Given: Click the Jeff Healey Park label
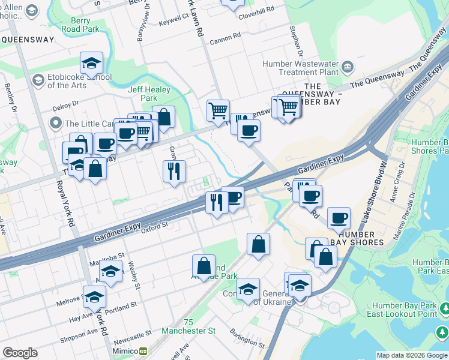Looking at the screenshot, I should (x=149, y=94).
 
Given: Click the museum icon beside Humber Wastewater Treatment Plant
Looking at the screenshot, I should (x=347, y=65).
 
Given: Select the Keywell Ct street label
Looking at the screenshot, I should (x=173, y=23).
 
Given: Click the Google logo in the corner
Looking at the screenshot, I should (x=20, y=353).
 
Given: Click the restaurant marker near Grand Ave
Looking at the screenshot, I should (x=174, y=172).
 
